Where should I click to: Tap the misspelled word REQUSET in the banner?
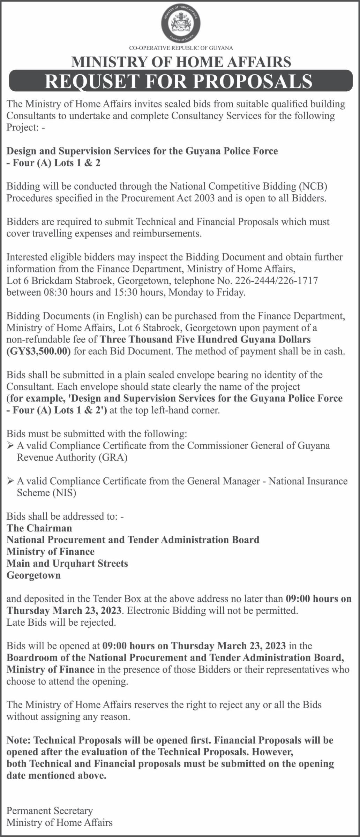(x=90, y=81)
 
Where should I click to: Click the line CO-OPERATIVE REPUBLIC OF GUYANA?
(x=181, y=48)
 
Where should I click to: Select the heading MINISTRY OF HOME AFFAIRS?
(x=181, y=62)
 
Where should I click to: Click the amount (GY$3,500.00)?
(x=39, y=351)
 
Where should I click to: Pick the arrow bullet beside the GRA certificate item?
(x=10, y=445)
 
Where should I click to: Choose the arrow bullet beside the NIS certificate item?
(x=10, y=481)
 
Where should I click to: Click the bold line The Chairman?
(x=39, y=528)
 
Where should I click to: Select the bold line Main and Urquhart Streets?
(x=67, y=564)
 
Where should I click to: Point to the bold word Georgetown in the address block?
(x=33, y=575)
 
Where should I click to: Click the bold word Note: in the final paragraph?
(x=19, y=740)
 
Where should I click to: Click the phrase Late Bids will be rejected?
(x=61, y=623)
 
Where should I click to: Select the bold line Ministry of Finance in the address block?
(x=51, y=552)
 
